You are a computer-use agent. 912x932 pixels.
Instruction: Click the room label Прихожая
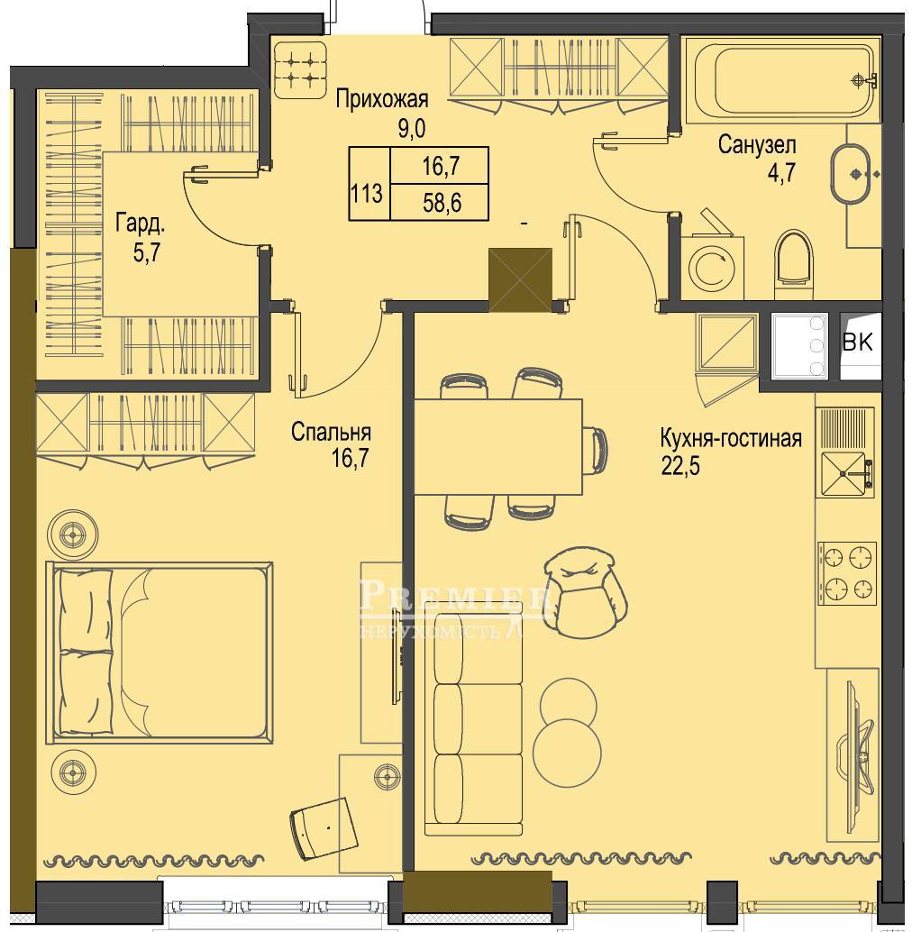click(x=381, y=98)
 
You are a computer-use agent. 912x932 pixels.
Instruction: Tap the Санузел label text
click(x=757, y=144)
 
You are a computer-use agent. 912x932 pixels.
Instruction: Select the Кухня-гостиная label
click(x=731, y=439)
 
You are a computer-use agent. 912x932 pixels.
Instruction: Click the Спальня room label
click(x=331, y=432)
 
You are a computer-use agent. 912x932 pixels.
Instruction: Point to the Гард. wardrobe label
click(x=141, y=224)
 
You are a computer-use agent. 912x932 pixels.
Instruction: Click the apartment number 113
click(x=366, y=194)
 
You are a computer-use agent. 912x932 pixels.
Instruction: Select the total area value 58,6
click(x=442, y=204)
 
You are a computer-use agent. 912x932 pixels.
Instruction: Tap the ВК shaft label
click(x=858, y=342)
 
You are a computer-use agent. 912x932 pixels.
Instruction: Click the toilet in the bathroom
click(x=793, y=264)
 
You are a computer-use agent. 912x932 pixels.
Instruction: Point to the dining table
click(x=497, y=446)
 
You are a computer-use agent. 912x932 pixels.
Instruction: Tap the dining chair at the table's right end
click(x=596, y=450)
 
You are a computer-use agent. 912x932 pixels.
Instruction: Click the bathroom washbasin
click(x=852, y=174)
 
